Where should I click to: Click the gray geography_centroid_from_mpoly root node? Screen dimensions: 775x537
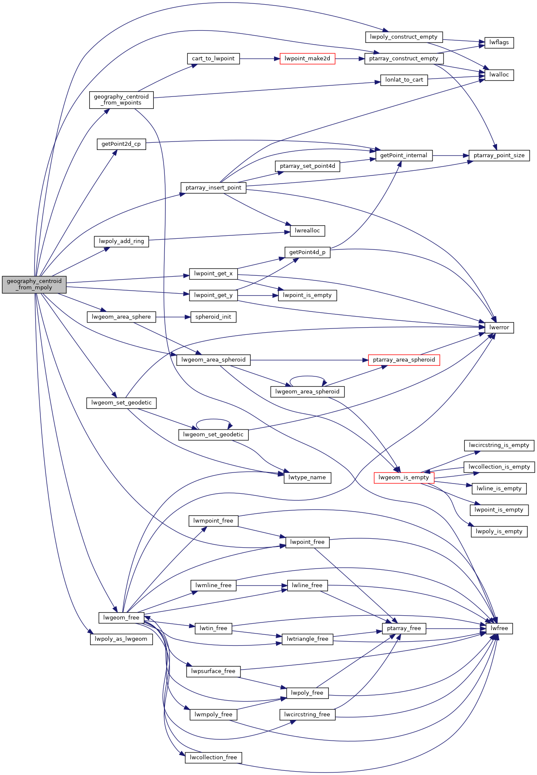click(x=34, y=284)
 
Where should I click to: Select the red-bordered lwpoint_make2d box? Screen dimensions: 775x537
click(x=307, y=59)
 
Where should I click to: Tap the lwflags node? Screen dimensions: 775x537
click(x=499, y=42)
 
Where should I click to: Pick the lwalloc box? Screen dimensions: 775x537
click(x=499, y=75)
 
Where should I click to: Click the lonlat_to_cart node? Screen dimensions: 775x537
click(x=404, y=80)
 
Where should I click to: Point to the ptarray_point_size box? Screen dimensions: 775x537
click(x=499, y=156)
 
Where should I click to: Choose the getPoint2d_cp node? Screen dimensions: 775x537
click(x=121, y=144)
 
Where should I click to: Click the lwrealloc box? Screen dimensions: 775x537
click(x=307, y=231)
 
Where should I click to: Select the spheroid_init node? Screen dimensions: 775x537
click(x=213, y=317)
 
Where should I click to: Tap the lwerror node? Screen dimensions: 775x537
click(x=499, y=328)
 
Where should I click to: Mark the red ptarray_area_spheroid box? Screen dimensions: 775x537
click(x=404, y=360)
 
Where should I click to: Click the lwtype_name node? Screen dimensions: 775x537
click(x=307, y=478)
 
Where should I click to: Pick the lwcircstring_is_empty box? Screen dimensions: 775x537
click(x=499, y=445)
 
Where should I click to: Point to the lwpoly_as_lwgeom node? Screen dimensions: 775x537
click(x=121, y=639)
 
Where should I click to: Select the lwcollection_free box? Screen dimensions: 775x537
click(x=213, y=757)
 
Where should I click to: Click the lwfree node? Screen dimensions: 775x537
click(x=499, y=628)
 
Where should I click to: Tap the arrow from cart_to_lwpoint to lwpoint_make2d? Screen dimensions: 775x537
click(x=259, y=59)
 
